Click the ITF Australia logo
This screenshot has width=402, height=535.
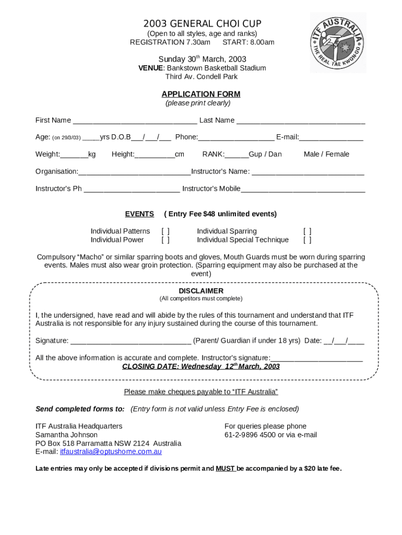coord(338,42)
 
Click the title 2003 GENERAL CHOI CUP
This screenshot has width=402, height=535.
coord(202,24)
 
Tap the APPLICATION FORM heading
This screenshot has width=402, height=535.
coord(201,94)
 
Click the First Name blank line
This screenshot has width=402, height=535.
coord(135,121)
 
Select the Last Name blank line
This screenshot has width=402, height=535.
coord(301,121)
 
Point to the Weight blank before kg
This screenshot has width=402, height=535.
coord(74,155)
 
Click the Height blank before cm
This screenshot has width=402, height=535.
coord(155,155)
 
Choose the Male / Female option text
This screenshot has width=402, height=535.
coord(326,154)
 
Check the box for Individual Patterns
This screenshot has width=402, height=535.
coord(165,231)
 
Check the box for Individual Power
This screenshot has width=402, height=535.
coord(165,240)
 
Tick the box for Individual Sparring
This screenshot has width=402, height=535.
coord(308,231)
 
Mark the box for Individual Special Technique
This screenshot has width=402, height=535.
coord(308,240)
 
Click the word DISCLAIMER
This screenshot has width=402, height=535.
coord(201,290)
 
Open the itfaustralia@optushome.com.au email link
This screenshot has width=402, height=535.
coord(111,451)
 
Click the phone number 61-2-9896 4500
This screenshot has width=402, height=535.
coord(250,435)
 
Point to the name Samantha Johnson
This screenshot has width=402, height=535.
coord(66,435)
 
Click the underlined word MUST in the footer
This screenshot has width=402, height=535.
coord(225,468)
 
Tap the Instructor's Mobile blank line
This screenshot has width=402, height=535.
coord(303,190)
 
